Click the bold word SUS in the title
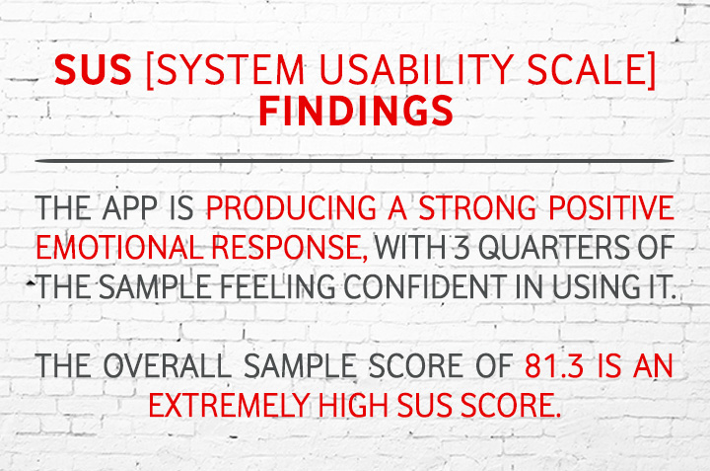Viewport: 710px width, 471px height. click(93, 70)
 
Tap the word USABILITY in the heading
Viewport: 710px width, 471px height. click(416, 70)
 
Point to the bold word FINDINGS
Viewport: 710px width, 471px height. click(356, 111)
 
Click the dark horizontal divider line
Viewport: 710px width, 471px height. click(354, 161)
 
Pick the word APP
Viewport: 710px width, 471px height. click(130, 208)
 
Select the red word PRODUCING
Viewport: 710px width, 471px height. click(291, 208)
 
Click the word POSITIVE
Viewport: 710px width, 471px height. click(611, 208)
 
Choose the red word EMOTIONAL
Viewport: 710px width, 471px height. click(119, 248)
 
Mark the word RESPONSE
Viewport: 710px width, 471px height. click(290, 248)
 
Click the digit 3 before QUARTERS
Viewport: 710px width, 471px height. click(461, 248)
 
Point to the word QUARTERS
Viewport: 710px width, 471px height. click(554, 248)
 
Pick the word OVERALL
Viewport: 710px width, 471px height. click(168, 365)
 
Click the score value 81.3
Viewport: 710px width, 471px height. click(554, 365)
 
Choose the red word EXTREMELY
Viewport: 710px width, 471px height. click(229, 405)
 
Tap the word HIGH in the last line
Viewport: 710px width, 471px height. click(353, 405)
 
